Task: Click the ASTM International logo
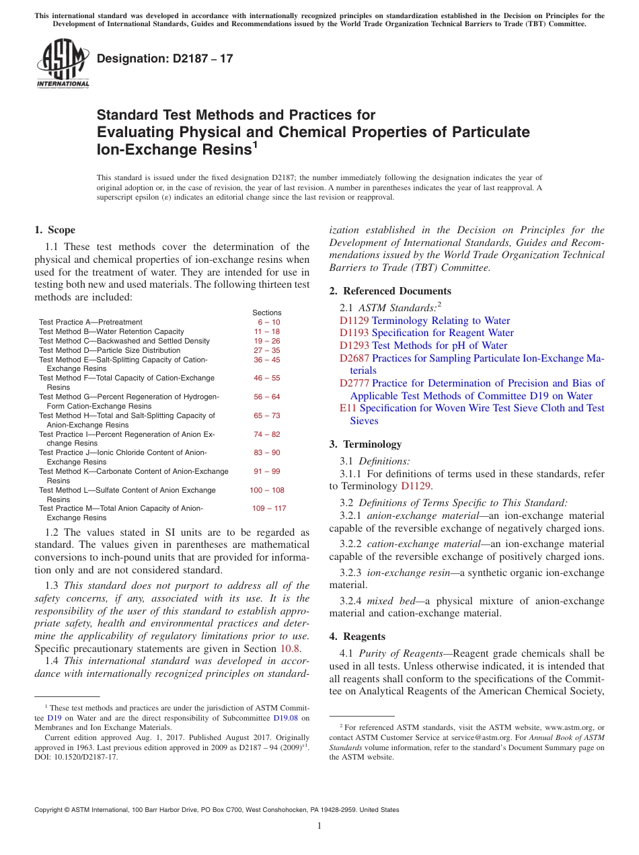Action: pos(63,64)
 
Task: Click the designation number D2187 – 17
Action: pos(165,58)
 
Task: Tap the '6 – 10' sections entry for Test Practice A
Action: pos(268,323)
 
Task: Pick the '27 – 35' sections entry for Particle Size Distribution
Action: pos(267,350)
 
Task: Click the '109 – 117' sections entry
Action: pos(268,509)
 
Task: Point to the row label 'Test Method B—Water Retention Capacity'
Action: pos(111,332)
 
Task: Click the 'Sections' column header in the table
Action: pos(267,313)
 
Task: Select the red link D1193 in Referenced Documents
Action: pos(354,333)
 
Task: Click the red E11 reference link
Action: pos(347,408)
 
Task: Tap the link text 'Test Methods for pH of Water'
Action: pos(440,345)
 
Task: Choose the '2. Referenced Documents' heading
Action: pos(390,291)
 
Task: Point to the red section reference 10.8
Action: pos(290,649)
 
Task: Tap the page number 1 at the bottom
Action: pos(319,826)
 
